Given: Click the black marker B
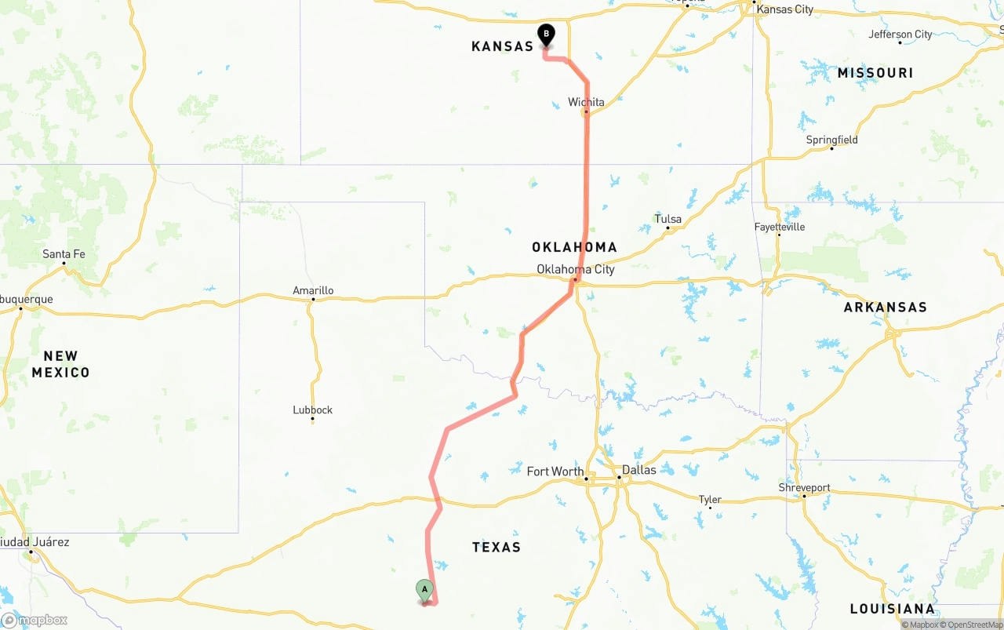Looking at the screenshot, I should point(546,35).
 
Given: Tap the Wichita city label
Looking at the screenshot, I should point(586,102).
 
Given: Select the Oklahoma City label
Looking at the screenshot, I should point(575,269).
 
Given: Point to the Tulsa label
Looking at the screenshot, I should point(668,219).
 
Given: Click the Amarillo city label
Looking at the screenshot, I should point(313,290).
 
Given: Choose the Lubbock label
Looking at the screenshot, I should point(312,410).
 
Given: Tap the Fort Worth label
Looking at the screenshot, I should point(555,472).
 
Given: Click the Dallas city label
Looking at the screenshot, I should point(638,470).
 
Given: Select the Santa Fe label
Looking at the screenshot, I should point(64,254).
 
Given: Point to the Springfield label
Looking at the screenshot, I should point(831,140).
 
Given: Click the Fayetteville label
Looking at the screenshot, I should point(779,227).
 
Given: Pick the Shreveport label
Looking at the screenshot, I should point(804,487).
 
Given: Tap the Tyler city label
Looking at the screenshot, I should point(709,499).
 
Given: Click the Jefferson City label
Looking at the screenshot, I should point(900,34).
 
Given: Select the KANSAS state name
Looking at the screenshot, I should point(502,46).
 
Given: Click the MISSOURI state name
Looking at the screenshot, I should point(875,73).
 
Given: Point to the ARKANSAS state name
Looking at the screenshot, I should point(885,308).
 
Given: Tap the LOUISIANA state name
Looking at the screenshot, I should point(892,609).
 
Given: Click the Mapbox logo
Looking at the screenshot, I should point(35,620).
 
